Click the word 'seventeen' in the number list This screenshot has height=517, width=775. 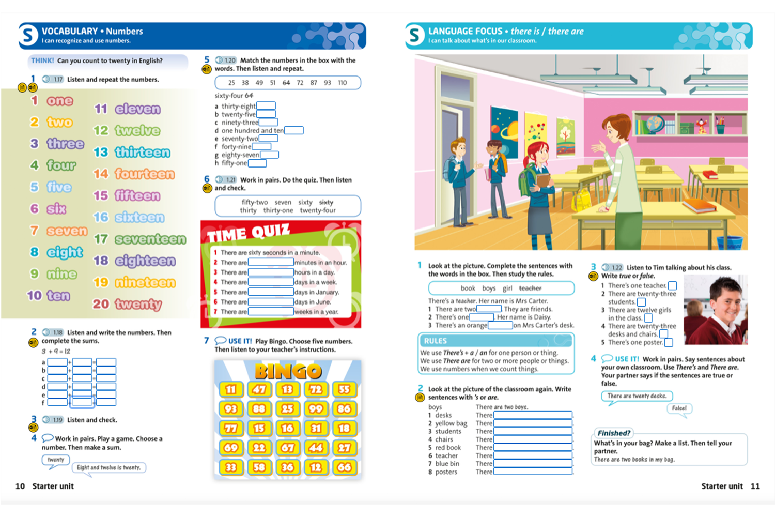[x=150, y=239]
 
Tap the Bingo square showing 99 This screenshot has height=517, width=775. [x=316, y=408]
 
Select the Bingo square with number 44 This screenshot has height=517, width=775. [x=316, y=448]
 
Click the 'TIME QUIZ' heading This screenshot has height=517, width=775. [x=249, y=233]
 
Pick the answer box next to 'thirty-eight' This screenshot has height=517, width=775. [x=266, y=106]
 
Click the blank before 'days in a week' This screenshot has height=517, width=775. [x=271, y=282]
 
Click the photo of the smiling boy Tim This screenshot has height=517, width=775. [x=716, y=310]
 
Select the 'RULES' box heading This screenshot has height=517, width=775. [x=436, y=341]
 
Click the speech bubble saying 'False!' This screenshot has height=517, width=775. [x=679, y=408]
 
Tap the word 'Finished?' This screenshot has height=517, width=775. [x=614, y=433]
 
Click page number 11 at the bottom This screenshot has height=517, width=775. [x=755, y=486]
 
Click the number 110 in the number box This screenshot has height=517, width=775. [x=342, y=83]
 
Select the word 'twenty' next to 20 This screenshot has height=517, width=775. [x=138, y=304]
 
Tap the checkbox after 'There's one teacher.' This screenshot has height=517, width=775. [x=672, y=286]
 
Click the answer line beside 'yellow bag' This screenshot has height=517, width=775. [x=533, y=423]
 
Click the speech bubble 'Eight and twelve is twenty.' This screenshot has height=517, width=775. [x=109, y=467]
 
